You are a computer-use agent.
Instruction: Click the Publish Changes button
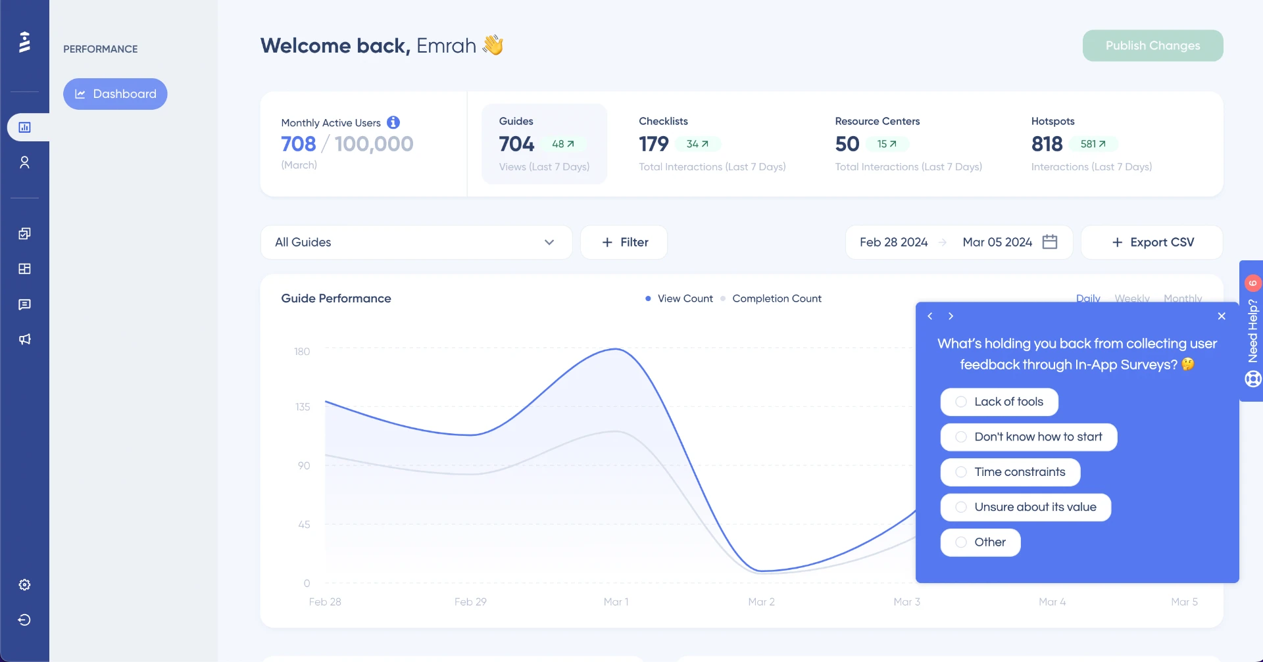[1152, 45]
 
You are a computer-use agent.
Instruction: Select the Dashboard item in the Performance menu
[115, 94]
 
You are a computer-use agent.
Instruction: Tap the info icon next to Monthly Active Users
[393, 122]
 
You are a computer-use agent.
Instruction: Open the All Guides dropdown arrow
[549, 243]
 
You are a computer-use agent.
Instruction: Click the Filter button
[624, 243]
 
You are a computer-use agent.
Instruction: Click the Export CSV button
[1152, 243]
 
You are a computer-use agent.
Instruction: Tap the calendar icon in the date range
[1050, 242]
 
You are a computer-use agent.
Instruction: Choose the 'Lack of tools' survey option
[999, 402]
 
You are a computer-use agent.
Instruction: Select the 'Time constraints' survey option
[1010, 472]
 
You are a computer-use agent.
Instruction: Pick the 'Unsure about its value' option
[1025, 507]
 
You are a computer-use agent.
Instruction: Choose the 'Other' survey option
[980, 542]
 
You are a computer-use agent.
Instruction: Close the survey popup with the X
[1222, 316]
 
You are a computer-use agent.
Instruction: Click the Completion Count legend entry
[776, 298]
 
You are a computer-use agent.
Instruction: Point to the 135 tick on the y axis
[303, 407]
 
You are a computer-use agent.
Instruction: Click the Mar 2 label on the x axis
[761, 602]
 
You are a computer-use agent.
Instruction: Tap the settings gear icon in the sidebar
[24, 585]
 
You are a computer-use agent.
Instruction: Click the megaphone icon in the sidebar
[24, 339]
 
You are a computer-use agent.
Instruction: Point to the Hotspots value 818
[1047, 144]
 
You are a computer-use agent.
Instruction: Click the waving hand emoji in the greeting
[493, 45]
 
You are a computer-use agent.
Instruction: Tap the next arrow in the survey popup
[951, 316]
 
